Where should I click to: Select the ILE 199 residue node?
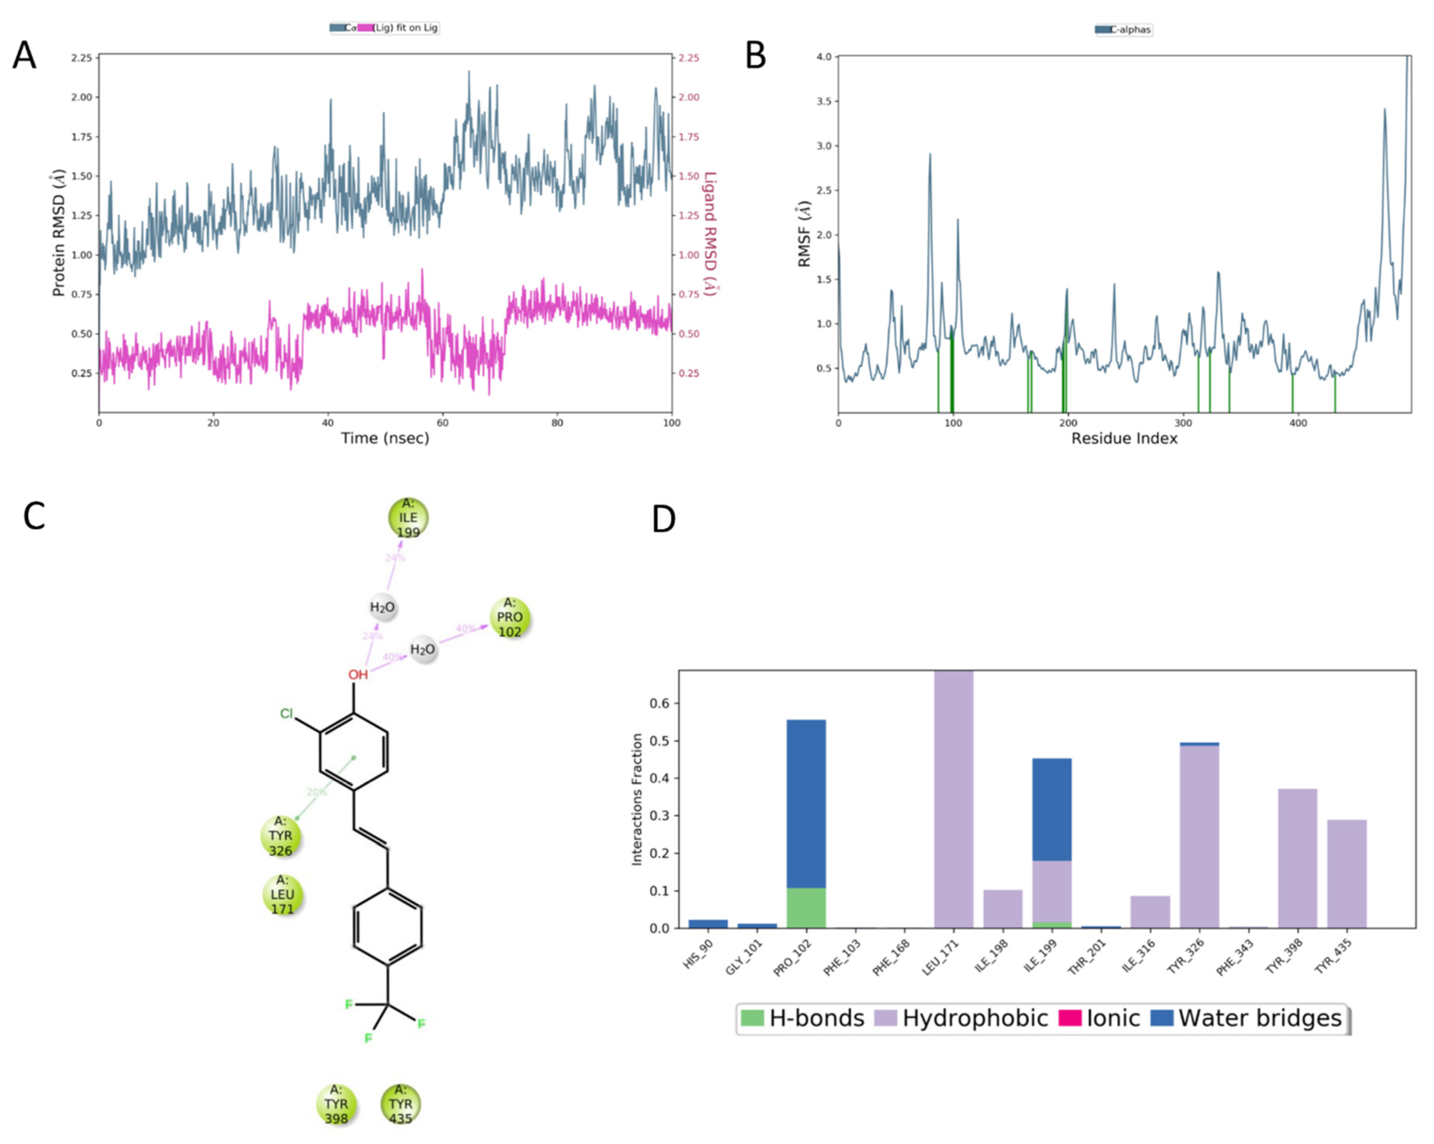[x=408, y=518]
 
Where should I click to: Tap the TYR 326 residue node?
[x=280, y=836]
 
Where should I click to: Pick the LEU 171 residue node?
[x=282, y=895]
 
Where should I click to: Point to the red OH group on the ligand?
[x=358, y=674]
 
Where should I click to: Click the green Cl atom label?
[x=286, y=714]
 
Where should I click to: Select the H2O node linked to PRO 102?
[x=422, y=649]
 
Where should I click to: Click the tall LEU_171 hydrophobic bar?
[x=953, y=798]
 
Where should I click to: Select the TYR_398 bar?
[x=1297, y=858]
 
